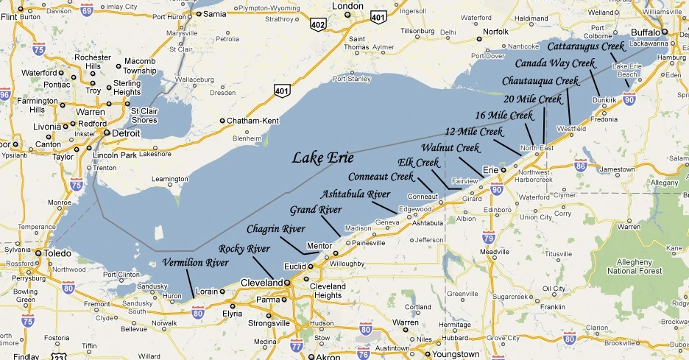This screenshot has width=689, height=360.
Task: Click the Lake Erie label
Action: (322, 158)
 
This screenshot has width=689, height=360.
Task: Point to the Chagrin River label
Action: (275, 228)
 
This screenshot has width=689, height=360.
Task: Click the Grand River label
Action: (316, 210)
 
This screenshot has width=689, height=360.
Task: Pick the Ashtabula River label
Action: (357, 194)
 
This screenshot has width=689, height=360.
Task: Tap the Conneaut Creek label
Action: (381, 177)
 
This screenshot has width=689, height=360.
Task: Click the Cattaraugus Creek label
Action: (586, 46)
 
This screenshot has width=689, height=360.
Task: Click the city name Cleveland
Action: (260, 283)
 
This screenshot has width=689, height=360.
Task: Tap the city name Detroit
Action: (127, 133)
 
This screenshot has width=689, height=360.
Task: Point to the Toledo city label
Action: (57, 253)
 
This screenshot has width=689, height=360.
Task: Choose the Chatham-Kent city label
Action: (250, 120)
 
